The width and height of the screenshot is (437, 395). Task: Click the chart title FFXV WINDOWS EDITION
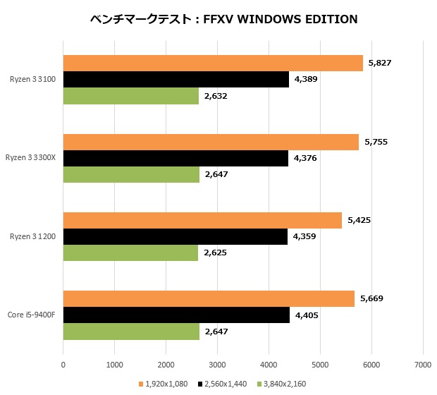click(224, 19)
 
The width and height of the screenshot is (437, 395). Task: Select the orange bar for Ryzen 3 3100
click(213, 63)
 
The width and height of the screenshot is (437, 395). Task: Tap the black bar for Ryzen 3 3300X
click(176, 158)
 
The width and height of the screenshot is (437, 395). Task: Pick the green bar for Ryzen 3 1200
click(130, 253)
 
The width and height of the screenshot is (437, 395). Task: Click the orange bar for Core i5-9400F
click(209, 299)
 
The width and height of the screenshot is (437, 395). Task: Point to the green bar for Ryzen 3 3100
click(131, 95)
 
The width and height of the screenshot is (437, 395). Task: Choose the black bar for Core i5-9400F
click(176, 315)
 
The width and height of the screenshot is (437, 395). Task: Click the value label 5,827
click(379, 63)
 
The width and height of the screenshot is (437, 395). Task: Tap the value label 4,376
click(305, 158)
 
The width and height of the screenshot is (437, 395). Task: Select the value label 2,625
click(215, 253)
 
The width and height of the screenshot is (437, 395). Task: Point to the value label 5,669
click(371, 299)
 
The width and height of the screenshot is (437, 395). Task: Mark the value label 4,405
click(307, 315)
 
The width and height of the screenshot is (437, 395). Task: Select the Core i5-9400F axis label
click(32, 315)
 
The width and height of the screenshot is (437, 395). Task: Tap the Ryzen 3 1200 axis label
click(35, 236)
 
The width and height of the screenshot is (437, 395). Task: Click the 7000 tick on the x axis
click(423, 364)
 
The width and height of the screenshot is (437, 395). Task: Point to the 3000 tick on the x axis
click(217, 364)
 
